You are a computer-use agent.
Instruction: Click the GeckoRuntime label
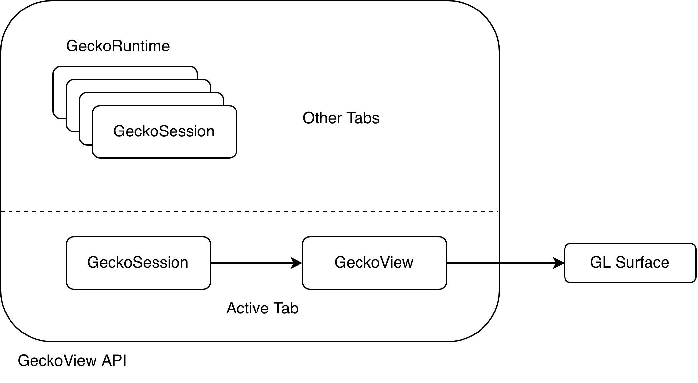118,46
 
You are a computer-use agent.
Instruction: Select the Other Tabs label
340,118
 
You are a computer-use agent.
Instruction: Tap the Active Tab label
262,308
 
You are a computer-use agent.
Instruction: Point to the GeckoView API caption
72,361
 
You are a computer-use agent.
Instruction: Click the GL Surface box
630,263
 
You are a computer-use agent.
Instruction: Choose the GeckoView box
374,263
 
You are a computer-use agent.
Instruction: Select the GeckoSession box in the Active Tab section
138,263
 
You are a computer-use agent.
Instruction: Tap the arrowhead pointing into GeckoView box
297,263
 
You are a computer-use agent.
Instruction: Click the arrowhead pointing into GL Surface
559,263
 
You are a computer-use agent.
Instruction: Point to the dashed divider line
249,212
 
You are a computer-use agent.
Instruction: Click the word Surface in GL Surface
642,263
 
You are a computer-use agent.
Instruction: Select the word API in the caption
114,361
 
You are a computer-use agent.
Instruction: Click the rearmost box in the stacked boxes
125,72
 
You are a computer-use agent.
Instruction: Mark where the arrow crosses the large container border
499,263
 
